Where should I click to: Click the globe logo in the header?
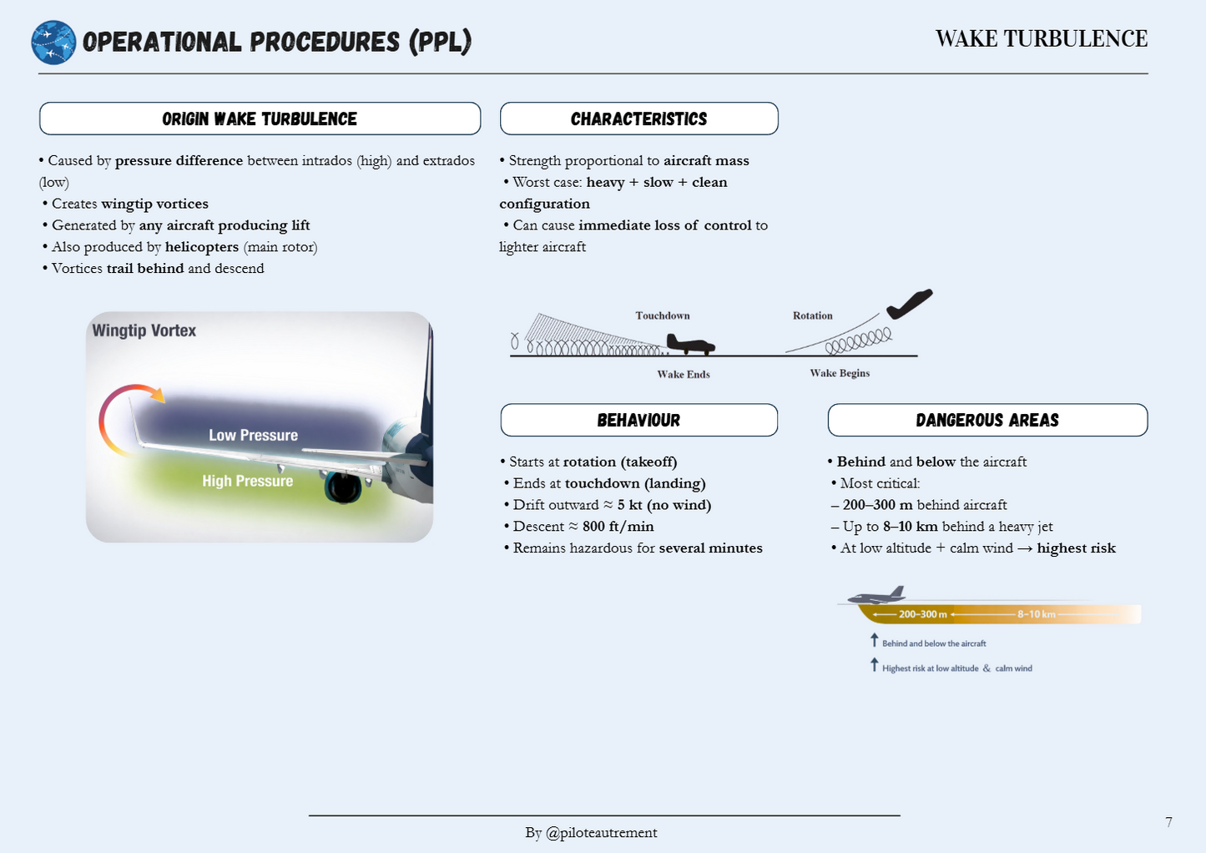(x=53, y=43)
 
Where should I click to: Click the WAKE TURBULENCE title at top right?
(x=1041, y=39)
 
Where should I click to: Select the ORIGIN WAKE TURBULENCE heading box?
(x=260, y=119)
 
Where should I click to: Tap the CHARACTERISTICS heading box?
(x=638, y=119)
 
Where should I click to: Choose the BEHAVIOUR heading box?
(x=638, y=420)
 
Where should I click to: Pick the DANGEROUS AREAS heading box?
(x=987, y=420)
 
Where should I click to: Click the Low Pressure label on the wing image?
(x=253, y=435)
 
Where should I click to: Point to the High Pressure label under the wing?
(x=247, y=481)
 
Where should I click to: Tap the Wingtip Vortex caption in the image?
(x=144, y=331)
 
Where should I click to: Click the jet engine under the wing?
(x=343, y=488)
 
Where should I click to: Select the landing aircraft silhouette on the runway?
(x=689, y=343)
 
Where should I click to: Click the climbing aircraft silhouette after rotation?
(x=909, y=304)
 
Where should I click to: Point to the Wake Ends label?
(x=684, y=375)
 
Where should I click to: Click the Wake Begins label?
(x=840, y=373)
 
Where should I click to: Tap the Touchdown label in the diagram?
(x=663, y=315)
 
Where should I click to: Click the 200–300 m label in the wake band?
(x=922, y=614)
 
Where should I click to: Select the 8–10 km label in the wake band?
(x=1036, y=614)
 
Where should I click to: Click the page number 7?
(x=1168, y=822)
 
